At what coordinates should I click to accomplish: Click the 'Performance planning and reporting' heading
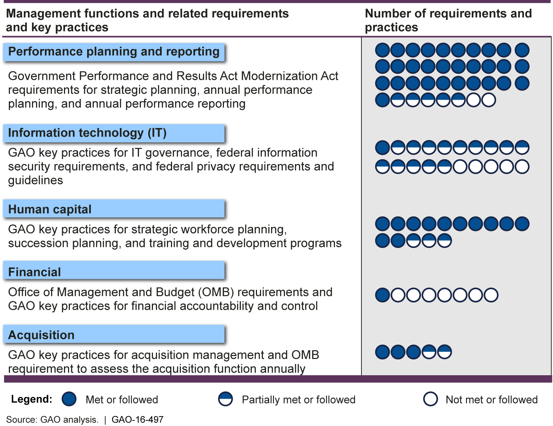[114, 52]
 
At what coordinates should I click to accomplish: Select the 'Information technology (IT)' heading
[87, 133]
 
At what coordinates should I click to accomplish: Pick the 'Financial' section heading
[35, 272]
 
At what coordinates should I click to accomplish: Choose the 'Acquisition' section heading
[41, 335]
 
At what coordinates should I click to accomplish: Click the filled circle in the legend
[69, 399]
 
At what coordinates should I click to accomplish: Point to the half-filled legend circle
[225, 399]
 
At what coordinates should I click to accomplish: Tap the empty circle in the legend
[430, 399]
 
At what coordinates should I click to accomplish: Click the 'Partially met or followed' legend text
[299, 400]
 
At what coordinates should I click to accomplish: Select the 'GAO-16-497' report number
[138, 420]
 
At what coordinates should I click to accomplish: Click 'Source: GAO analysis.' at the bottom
[52, 420]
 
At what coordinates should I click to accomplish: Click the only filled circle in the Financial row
[382, 295]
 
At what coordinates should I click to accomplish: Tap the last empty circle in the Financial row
[491, 295]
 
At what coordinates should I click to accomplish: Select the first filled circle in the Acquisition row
[382, 352]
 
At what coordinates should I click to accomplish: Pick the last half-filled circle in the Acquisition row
[444, 352]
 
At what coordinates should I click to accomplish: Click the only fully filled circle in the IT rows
[382, 148]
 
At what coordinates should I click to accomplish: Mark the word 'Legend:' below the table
[32, 399]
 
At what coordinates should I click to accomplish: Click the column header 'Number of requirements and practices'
[448, 20]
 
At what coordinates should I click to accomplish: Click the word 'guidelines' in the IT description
[36, 180]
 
